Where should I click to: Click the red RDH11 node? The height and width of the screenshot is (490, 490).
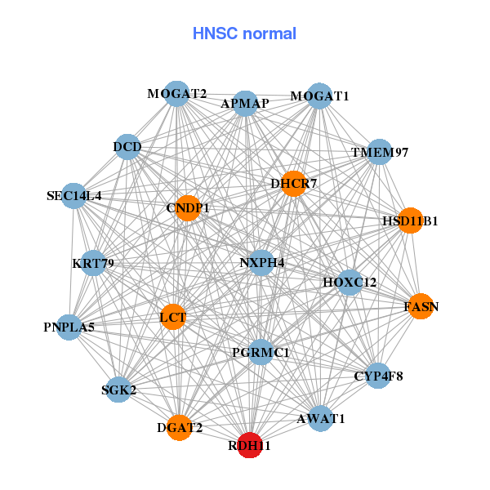click(250, 446)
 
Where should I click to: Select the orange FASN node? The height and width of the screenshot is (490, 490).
click(421, 306)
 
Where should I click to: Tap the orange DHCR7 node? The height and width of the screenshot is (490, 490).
click(293, 184)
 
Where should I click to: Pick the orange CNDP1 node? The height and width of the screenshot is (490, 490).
click(188, 208)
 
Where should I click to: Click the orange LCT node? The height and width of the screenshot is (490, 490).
click(173, 316)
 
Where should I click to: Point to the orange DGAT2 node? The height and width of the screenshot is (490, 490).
click(180, 426)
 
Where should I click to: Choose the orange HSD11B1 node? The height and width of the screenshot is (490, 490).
click(411, 220)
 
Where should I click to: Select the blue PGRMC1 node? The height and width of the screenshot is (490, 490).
click(261, 352)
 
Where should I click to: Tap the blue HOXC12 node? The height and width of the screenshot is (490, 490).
click(350, 283)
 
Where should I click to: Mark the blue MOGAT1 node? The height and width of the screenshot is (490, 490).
click(320, 96)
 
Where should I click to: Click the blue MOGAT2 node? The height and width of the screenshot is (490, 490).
click(176, 93)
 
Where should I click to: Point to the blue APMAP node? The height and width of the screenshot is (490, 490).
click(245, 104)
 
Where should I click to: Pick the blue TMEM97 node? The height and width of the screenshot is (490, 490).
click(379, 152)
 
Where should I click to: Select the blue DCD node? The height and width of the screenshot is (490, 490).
click(127, 147)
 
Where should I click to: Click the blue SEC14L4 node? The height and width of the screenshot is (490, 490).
click(74, 195)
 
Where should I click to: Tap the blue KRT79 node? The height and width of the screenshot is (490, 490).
click(93, 263)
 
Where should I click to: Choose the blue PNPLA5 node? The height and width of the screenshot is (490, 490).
click(69, 327)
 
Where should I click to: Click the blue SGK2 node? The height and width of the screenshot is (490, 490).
click(119, 390)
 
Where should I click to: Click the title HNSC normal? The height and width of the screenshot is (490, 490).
click(244, 33)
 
